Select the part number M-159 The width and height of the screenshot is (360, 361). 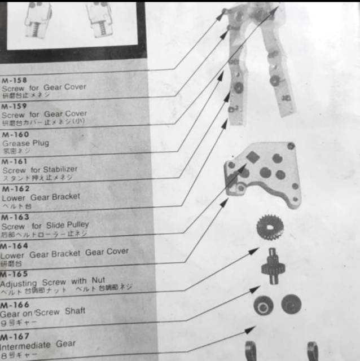14,106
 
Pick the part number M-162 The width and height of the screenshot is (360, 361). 15,189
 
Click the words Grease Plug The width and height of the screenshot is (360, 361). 25,143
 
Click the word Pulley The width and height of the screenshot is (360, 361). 76,224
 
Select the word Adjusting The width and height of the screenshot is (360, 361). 17,282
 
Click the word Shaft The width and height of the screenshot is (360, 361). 75,311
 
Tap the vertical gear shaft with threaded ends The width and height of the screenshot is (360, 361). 272,266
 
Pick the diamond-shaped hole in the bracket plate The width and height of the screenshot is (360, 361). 252,158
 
